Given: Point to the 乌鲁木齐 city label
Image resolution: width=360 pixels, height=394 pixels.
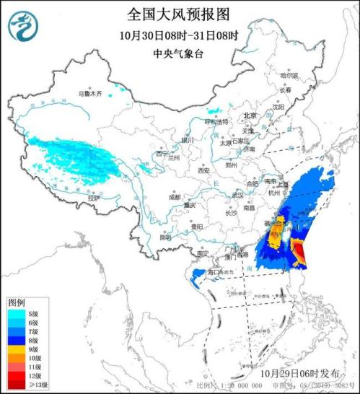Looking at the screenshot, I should pyautogui.click(x=90, y=94).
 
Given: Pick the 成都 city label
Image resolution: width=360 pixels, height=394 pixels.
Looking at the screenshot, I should pyautogui.click(x=175, y=196).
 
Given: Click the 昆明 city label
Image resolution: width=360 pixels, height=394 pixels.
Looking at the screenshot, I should pyautogui.click(x=166, y=237).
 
